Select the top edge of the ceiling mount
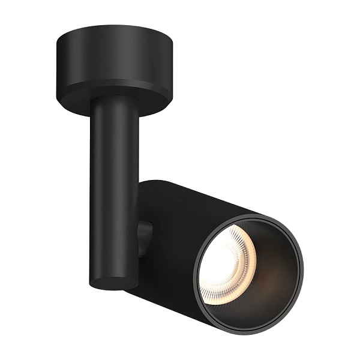[x=114, y=25]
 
